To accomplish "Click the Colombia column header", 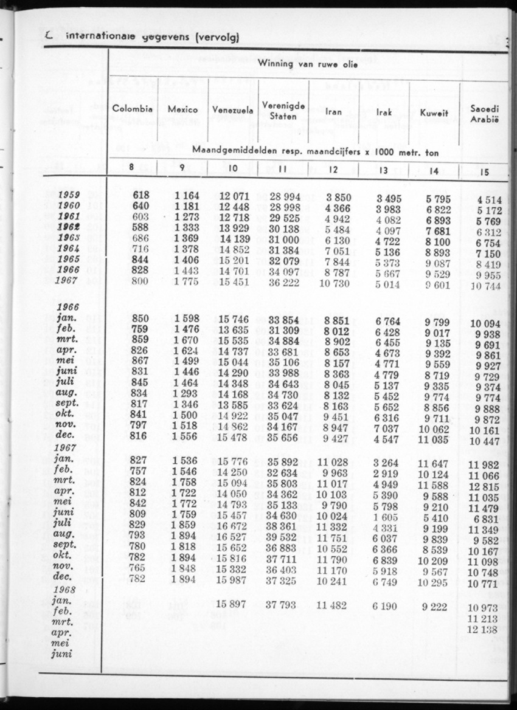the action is pos(132,110).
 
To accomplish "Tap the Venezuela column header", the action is pos(233,111).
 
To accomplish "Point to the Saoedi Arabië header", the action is pos(485,114).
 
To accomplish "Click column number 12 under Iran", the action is pos(333,170).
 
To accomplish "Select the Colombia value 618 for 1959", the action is pos(141,195).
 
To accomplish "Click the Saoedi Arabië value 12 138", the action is pos(483,629).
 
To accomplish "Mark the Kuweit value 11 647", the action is pos(433,464).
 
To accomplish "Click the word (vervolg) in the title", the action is pos(217,38).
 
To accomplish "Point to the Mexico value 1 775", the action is pos(182,282).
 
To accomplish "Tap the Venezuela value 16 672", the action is pos(232,527).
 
